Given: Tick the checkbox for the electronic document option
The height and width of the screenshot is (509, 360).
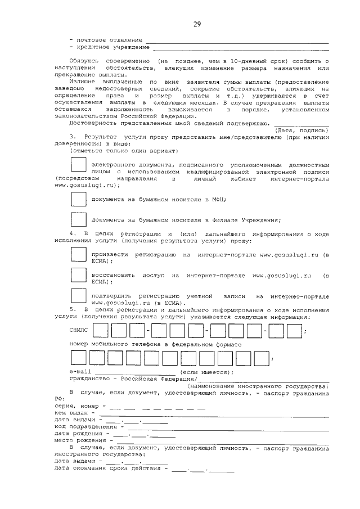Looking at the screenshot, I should (78, 165).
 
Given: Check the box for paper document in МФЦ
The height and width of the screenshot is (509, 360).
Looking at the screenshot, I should (78, 199).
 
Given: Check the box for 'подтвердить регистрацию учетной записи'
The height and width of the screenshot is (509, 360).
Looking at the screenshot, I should (78, 297).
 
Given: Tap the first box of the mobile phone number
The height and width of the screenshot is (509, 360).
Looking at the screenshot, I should (78, 358).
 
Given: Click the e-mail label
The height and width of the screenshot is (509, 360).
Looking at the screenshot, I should (80, 372).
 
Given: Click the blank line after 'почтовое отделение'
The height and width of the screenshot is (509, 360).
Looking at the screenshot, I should (237, 42).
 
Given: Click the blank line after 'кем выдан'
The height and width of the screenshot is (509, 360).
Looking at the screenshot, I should (225, 415).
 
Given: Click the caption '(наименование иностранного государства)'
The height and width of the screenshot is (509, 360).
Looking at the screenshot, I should (258, 386).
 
